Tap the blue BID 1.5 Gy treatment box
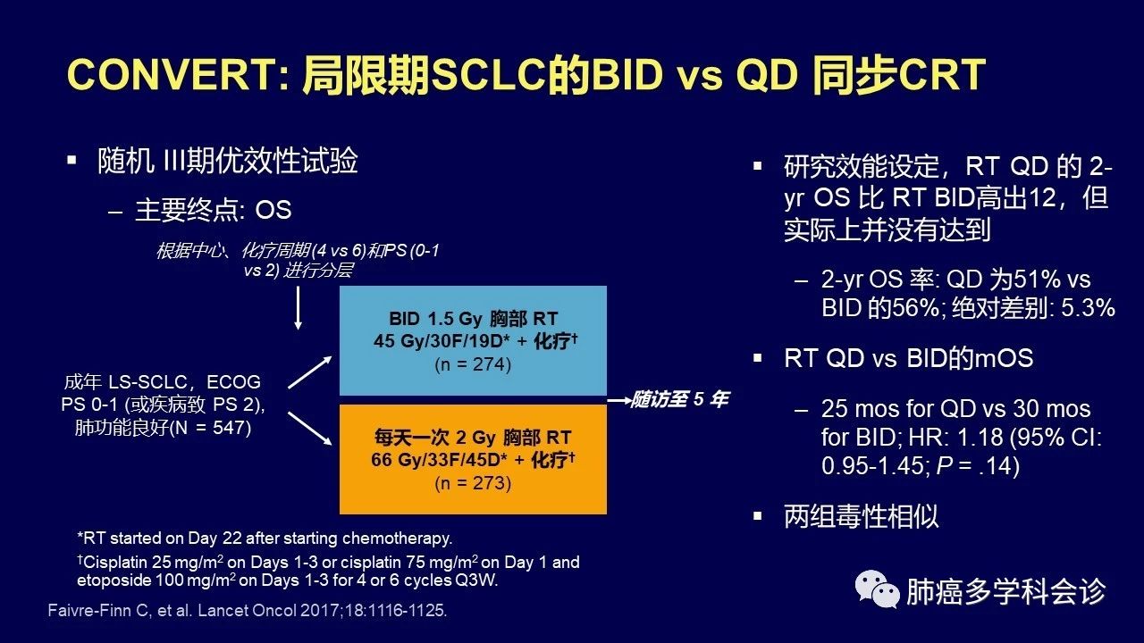tap(473, 340)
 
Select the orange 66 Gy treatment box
tap(473, 459)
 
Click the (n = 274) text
tap(473, 364)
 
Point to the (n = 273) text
tap(473, 483)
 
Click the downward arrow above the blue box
tap(299, 308)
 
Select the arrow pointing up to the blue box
tap(310, 372)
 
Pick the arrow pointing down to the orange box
tap(310, 429)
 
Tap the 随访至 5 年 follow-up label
tap(680, 399)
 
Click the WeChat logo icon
tap(877, 589)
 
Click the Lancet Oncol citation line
tap(248, 611)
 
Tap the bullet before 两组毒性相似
tap(758, 516)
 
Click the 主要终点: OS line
tap(214, 210)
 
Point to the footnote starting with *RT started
tap(265, 539)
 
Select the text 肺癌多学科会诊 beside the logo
tap(1006, 591)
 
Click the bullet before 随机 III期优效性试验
tap(71, 160)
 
